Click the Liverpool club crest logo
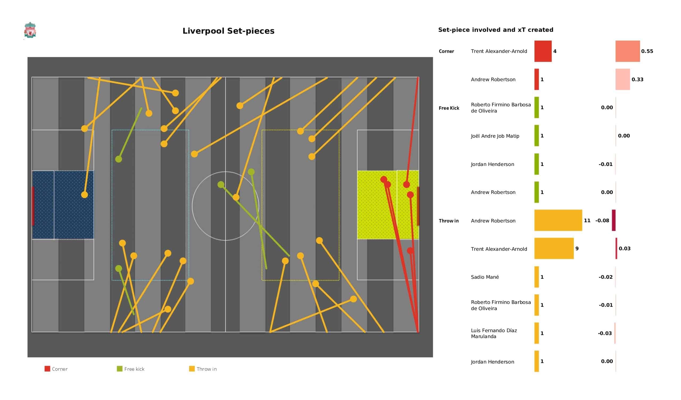tap(30, 30)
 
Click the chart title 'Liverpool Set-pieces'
tap(228, 31)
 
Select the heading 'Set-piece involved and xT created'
tap(496, 30)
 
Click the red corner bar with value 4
tap(543, 51)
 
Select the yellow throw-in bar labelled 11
tap(558, 220)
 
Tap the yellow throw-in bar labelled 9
tap(554, 248)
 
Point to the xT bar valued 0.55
tap(628, 51)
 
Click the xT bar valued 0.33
tap(623, 79)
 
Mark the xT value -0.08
tap(602, 220)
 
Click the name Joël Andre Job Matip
tap(495, 136)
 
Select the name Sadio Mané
tap(485, 277)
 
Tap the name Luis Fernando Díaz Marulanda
tap(494, 333)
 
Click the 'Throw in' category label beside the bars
tap(449, 221)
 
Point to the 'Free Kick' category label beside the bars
tap(449, 108)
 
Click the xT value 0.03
tap(625, 248)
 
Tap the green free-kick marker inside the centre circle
tap(221, 185)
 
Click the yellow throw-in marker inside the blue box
tap(85, 195)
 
